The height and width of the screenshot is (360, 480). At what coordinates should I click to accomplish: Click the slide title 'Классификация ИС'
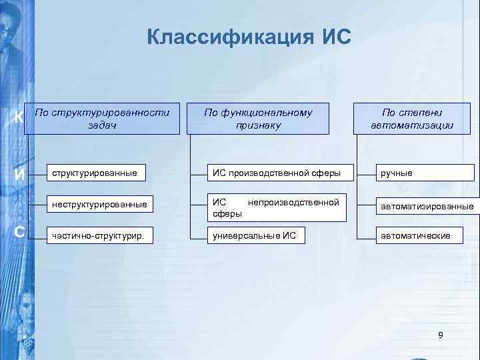249,37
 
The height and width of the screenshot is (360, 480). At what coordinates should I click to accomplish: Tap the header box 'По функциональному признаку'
259,119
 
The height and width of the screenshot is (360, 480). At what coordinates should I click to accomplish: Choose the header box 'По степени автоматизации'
412,119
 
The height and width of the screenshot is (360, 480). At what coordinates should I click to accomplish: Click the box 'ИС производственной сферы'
277,173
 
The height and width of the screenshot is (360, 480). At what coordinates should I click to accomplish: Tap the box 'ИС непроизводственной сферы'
277,207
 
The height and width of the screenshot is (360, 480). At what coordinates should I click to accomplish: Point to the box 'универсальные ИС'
277,235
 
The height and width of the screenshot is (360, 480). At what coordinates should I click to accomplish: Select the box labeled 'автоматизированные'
425,207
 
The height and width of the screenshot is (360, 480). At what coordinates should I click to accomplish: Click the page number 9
440,334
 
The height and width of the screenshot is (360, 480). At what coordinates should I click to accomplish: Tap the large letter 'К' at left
20,117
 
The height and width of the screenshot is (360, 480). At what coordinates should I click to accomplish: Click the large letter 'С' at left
20,232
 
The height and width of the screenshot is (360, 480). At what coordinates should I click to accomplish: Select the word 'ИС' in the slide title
334,37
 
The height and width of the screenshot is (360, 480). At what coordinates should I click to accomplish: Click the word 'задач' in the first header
101,125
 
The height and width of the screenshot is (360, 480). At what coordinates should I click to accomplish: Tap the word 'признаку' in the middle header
259,125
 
